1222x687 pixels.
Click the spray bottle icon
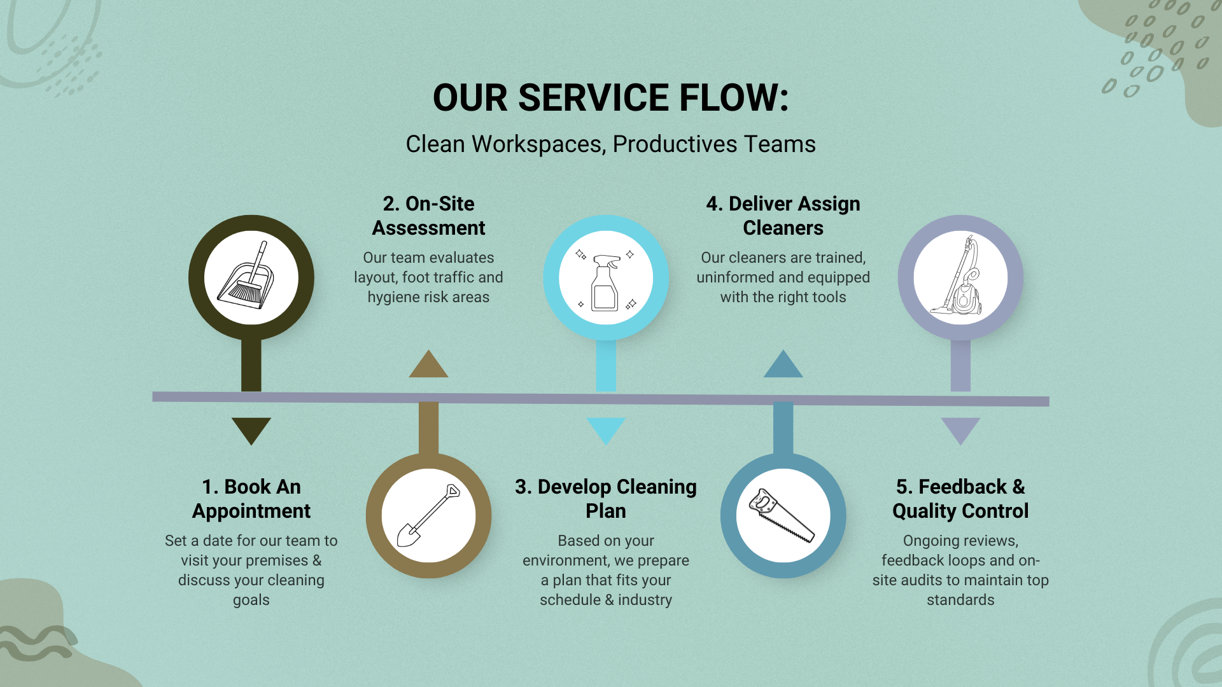[605, 281]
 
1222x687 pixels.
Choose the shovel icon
[428, 515]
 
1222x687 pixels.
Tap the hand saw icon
[781, 516]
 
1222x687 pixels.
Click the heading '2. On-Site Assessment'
[428, 216]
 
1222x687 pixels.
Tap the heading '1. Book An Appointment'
[251, 499]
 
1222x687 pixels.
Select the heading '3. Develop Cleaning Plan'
[606, 499]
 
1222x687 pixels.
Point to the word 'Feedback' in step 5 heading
[962, 487]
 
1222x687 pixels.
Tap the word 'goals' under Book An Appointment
[251, 600]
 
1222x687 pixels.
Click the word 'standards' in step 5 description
[960, 600]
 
